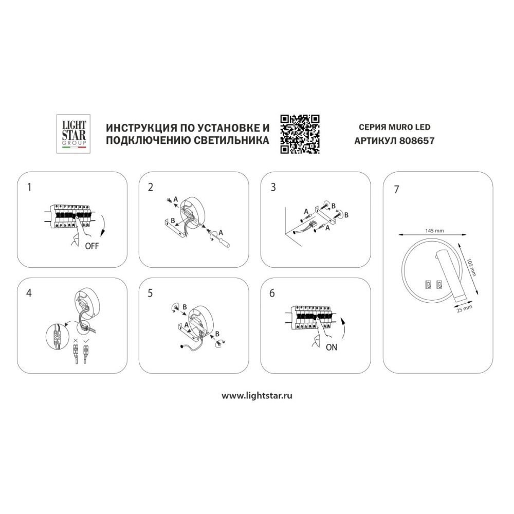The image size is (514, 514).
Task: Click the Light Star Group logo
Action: tap(74, 134)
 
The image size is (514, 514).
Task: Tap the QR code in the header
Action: tap(300, 134)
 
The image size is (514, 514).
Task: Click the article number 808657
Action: tap(417, 141)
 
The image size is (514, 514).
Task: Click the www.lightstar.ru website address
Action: tap(256, 396)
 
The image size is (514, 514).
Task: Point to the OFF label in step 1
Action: tap(92, 246)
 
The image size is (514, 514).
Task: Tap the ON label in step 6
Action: tap(332, 347)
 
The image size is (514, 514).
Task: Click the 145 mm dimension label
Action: tap(435, 230)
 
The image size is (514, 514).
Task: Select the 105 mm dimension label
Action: tap(471, 267)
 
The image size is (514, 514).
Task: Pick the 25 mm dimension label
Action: tap(465, 309)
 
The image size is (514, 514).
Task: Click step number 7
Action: tap(397, 190)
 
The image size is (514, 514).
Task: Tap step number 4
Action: tap(29, 293)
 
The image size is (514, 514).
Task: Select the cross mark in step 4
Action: tap(76, 341)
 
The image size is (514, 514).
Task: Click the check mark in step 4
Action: tap(86, 341)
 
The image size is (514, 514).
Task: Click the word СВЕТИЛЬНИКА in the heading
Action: tap(231, 141)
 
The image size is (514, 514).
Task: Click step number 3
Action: tap(273, 188)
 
